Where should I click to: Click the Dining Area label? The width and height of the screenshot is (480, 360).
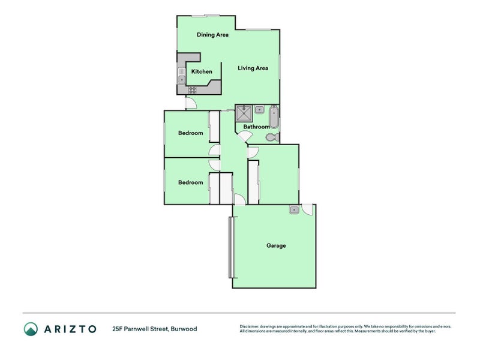pyautogui.click(x=213, y=35)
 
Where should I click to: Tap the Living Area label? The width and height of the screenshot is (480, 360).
pyautogui.click(x=253, y=68)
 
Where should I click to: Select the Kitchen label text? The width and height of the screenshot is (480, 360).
pyautogui.click(x=202, y=71)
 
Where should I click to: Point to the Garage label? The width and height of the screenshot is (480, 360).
pyautogui.click(x=276, y=245)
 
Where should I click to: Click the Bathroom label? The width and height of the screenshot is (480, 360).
pyautogui.click(x=256, y=127)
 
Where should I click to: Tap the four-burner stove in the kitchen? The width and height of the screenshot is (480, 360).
pyautogui.click(x=193, y=89)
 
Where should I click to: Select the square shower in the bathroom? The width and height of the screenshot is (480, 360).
pyautogui.click(x=244, y=113)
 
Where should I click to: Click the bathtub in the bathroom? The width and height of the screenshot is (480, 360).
pyautogui.click(x=274, y=116)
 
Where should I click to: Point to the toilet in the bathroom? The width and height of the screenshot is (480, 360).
pyautogui.click(x=271, y=137)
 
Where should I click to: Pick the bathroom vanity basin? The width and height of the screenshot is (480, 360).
pyautogui.click(x=259, y=109)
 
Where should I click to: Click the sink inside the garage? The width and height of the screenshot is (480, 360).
pyautogui.click(x=294, y=209)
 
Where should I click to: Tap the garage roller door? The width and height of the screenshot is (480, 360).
pyautogui.click(x=231, y=247)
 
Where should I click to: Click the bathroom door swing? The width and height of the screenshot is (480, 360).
pyautogui.click(x=244, y=136)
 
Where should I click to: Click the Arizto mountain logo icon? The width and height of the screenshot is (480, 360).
pyautogui.click(x=31, y=328)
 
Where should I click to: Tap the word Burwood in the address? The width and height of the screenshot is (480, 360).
pyautogui.click(x=184, y=329)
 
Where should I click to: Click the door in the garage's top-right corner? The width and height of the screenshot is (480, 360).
pyautogui.click(x=307, y=209)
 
